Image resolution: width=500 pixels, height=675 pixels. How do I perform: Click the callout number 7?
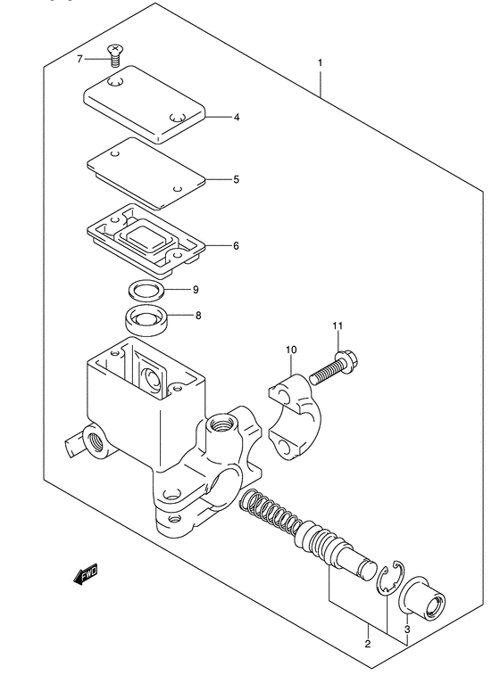(79, 59)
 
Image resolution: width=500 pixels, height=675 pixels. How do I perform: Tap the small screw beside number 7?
(114, 55)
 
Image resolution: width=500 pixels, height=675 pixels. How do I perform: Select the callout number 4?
(237, 117)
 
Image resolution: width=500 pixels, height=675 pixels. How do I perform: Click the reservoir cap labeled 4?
(145, 103)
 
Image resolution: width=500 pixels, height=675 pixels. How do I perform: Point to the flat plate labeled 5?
(146, 173)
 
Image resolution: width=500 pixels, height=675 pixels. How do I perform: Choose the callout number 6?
(236, 246)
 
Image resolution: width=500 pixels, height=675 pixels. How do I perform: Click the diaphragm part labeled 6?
(146, 239)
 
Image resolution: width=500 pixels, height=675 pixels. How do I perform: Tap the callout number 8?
(198, 316)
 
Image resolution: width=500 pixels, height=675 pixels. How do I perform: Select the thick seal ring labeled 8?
(146, 318)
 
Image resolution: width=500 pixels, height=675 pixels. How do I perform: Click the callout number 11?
(337, 325)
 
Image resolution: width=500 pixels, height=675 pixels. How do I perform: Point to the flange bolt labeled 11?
(334, 368)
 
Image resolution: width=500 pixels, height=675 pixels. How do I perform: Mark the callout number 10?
(291, 350)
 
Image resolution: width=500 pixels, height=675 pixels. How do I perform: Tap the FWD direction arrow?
(86, 574)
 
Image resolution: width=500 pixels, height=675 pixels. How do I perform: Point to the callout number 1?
(321, 62)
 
